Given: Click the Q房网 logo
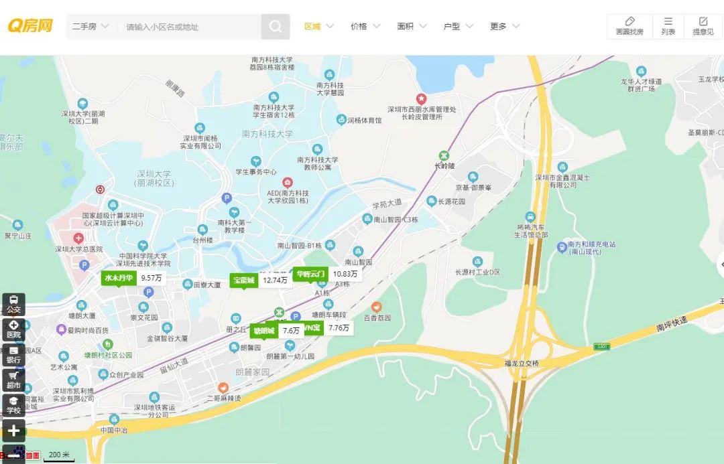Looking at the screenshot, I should click(30, 26).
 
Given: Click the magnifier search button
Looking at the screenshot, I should click(276, 27).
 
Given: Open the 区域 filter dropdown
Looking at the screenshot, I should click(318, 27).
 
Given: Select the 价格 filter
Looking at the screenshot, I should click(365, 27).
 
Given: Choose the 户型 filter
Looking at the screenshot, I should click(458, 27).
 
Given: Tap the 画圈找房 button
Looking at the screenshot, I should click(629, 26).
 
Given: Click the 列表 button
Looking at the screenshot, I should click(668, 26).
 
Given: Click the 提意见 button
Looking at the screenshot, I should click(703, 26).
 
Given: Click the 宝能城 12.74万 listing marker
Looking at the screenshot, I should click(260, 280).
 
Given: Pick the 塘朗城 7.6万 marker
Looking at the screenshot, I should click(276, 331).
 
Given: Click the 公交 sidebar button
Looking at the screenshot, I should click(13, 305).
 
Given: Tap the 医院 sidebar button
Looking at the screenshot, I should click(13, 329).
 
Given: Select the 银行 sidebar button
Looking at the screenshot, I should click(13, 354).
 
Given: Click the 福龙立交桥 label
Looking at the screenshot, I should click(522, 364).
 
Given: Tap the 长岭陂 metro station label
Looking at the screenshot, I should click(444, 165).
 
